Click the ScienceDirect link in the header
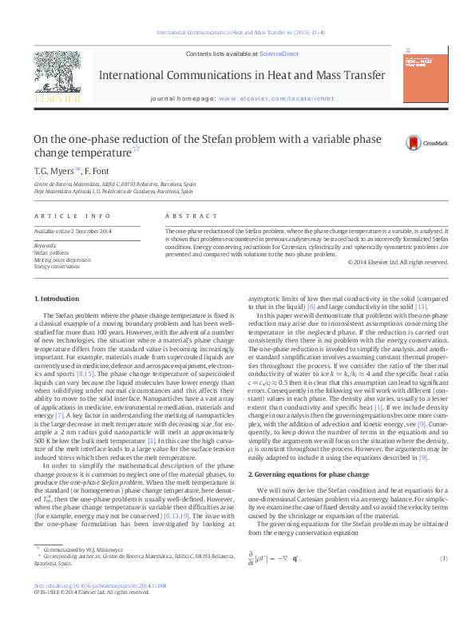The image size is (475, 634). (x=279, y=53)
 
